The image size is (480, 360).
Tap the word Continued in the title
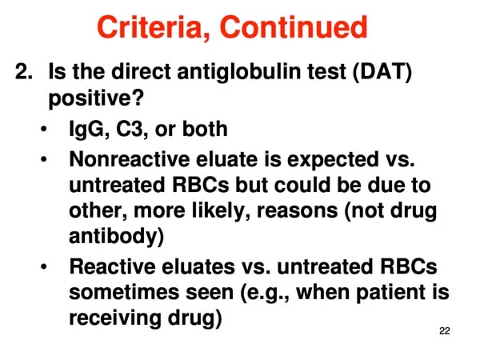[294, 27]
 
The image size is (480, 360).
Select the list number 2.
[23, 71]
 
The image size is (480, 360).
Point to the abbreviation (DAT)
[382, 72]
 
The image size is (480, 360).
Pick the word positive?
[96, 98]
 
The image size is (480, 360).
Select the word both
[205, 129]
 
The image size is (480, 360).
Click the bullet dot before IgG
[44, 129]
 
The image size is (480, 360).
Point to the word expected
[333, 160]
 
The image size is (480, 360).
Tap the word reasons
[297, 211]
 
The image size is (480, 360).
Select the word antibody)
[117, 237]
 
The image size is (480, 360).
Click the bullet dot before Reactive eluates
[44, 266]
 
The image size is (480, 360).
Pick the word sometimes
[125, 292]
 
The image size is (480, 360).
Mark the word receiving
[114, 318]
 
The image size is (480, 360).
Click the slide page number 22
[445, 331]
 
